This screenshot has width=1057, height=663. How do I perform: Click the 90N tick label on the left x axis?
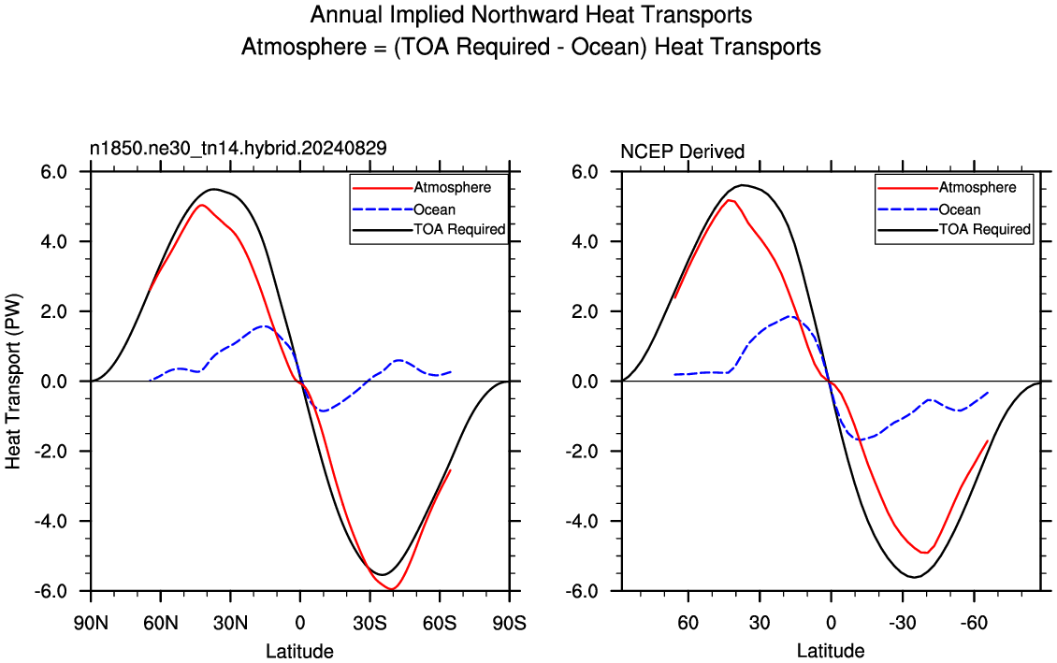coord(91,623)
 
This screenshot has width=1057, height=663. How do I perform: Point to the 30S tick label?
coord(370,623)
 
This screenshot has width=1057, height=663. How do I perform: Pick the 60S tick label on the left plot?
coord(440,623)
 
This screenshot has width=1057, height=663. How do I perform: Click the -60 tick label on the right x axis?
coord(975,623)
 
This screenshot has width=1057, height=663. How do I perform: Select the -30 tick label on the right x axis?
coord(903,623)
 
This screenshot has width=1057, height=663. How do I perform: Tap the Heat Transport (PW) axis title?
coord(13,381)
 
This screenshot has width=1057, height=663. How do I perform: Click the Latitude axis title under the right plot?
coord(831,651)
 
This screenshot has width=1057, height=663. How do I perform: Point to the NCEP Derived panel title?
coord(682,151)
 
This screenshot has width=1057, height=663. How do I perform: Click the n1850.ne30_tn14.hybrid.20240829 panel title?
coord(239,149)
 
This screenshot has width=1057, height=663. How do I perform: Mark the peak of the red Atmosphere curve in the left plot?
coord(201,205)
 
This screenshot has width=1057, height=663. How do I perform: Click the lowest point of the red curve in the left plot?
coord(392,589)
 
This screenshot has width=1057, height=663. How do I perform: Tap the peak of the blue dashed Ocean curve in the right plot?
coord(790,316)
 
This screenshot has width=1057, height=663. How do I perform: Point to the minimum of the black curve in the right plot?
coord(914,577)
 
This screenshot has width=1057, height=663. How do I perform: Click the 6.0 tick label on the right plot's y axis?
coord(586,172)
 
